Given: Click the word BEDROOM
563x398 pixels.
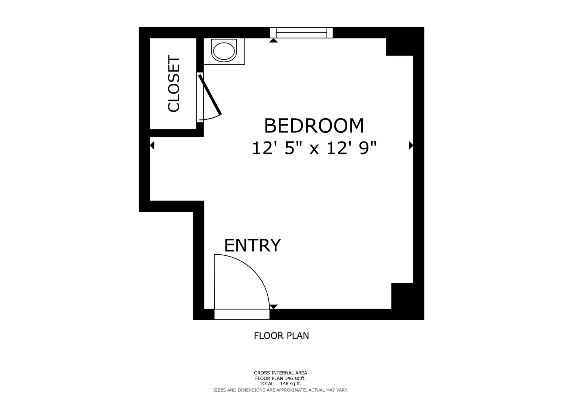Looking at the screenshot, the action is pyautogui.click(x=314, y=126).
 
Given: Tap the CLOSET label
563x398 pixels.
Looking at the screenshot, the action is pyautogui.click(x=174, y=83).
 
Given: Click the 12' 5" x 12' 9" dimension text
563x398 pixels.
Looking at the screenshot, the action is pyautogui.click(x=314, y=148).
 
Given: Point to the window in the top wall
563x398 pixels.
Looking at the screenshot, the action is pyautogui.click(x=301, y=33).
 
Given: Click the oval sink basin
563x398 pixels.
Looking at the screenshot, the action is pyautogui.click(x=224, y=51).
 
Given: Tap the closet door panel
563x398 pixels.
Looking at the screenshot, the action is pyautogui.click(x=210, y=94).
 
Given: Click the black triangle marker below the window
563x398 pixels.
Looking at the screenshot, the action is pyautogui.click(x=274, y=41).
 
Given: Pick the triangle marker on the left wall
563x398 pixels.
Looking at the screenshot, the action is pyautogui.click(x=152, y=145).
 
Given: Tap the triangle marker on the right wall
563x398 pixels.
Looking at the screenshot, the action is pyautogui.click(x=411, y=145).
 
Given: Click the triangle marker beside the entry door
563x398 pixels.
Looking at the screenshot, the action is pyautogui.click(x=274, y=307).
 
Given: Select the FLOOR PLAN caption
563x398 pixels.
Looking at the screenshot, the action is pyautogui.click(x=281, y=336).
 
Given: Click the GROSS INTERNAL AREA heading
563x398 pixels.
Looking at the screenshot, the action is pyautogui.click(x=281, y=373).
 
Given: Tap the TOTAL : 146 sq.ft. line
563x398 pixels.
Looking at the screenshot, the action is pyautogui.click(x=281, y=384).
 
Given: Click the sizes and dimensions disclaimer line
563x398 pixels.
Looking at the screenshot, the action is pyautogui.click(x=281, y=390).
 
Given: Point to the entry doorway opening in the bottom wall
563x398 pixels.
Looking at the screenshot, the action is pyautogui.click(x=242, y=314).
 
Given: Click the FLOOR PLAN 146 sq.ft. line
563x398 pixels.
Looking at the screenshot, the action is pyautogui.click(x=281, y=378).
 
